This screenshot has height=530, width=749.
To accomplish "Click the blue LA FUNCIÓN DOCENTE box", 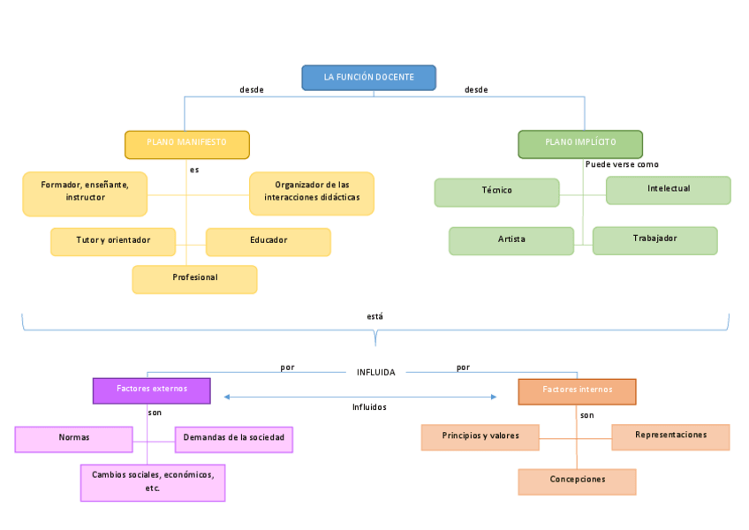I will tap(368, 78).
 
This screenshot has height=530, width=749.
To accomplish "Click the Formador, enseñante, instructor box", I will tap(85, 193).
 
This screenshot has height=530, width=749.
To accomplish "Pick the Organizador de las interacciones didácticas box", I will tap(311, 193).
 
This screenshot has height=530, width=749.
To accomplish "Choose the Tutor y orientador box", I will tap(113, 241).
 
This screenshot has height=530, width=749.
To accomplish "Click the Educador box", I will tap(268, 241).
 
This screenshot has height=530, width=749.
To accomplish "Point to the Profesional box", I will tap(194, 279).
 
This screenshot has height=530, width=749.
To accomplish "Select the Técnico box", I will tap(496, 192).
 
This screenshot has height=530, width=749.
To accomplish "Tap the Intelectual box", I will tap(668, 190).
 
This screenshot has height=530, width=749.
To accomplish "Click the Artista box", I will tap(511, 240).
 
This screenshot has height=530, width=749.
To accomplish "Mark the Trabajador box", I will tap(654, 240).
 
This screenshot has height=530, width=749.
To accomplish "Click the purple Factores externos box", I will tap(151, 390).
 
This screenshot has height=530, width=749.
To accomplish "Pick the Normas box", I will tap(73, 439).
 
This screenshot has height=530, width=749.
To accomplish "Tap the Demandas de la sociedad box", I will tap(234, 439).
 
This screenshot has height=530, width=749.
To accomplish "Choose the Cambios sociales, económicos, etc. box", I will tap(153, 482).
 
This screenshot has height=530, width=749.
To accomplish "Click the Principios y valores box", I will tap(480, 437).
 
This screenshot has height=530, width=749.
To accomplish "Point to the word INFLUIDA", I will tap(376, 372).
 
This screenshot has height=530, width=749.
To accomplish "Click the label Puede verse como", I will tap(622, 164).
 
